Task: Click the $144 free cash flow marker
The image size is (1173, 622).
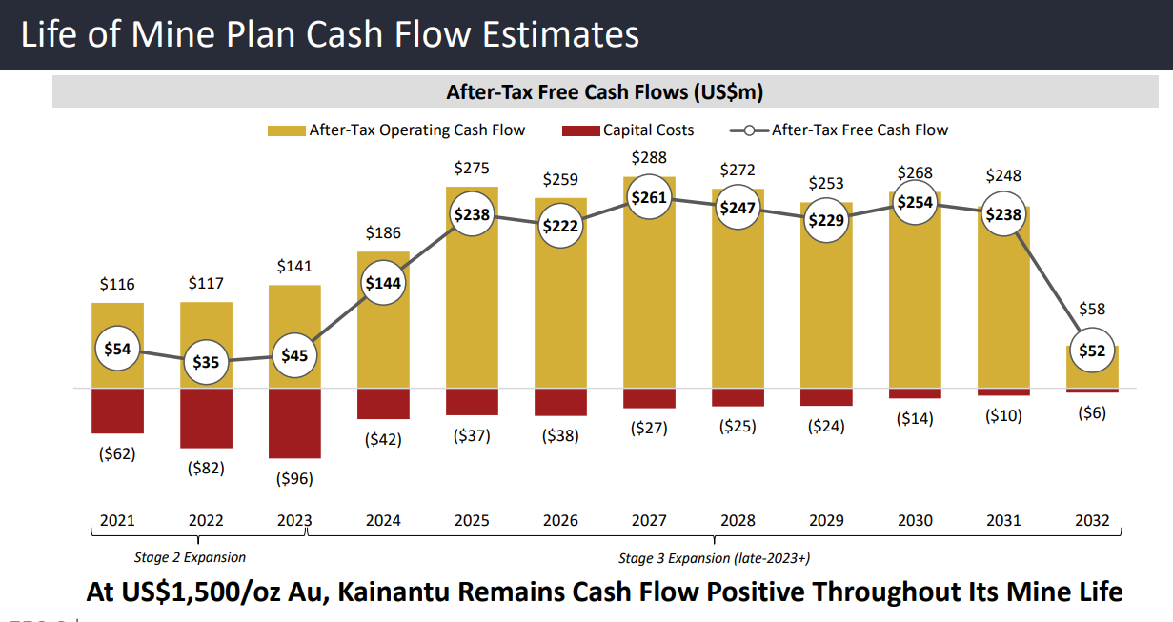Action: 382,282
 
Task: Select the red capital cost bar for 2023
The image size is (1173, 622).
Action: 294,423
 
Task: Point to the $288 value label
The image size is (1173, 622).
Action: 649,157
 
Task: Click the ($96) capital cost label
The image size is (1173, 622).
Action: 294,478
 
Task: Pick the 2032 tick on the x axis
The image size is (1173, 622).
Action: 1092,520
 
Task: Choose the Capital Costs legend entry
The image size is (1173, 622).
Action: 648,130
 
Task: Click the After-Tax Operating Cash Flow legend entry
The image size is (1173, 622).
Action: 416,130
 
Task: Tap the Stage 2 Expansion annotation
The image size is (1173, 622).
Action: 191,557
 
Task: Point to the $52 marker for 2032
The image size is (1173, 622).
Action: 1092,351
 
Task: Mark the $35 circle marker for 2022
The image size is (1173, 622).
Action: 206,362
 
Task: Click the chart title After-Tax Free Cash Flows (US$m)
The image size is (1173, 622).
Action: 605,92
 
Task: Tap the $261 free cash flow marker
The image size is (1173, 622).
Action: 649,197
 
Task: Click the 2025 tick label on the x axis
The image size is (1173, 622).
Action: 472,520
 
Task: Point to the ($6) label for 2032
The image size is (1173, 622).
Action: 1092,412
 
